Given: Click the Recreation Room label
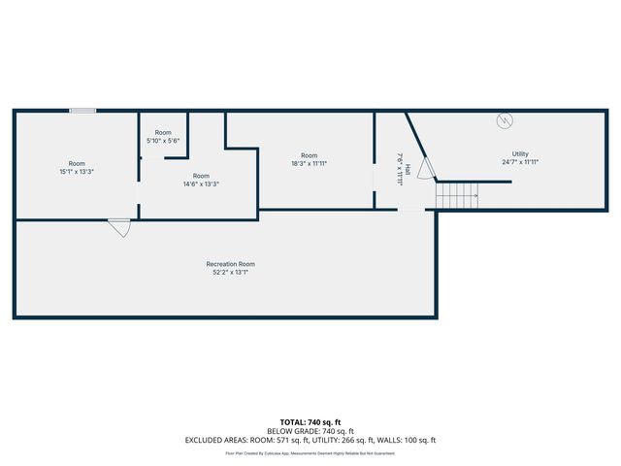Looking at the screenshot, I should click(x=230, y=264).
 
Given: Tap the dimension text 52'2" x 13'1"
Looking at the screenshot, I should click(x=230, y=273).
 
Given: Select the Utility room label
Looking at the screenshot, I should click(x=520, y=154).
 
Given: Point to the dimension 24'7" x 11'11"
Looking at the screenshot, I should click(x=520, y=163).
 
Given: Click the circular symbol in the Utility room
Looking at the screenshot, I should click(x=504, y=120).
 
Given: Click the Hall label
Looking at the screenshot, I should click(x=408, y=169).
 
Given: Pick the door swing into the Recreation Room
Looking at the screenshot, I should click(x=119, y=227).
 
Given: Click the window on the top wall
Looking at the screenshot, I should click(x=82, y=111).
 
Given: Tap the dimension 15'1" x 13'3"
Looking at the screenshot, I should click(x=77, y=172).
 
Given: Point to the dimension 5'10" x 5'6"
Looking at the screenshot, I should click(x=163, y=141).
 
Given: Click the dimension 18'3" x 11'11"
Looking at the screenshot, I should click(x=309, y=164).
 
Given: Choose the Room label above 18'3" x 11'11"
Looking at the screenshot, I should click(x=309, y=155).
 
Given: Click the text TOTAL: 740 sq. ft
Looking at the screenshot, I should click(x=310, y=422).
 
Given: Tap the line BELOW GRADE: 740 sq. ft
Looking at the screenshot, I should click(x=310, y=431).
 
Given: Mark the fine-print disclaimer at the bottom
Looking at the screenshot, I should click(x=310, y=452).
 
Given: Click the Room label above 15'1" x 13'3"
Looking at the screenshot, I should click(x=77, y=163).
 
